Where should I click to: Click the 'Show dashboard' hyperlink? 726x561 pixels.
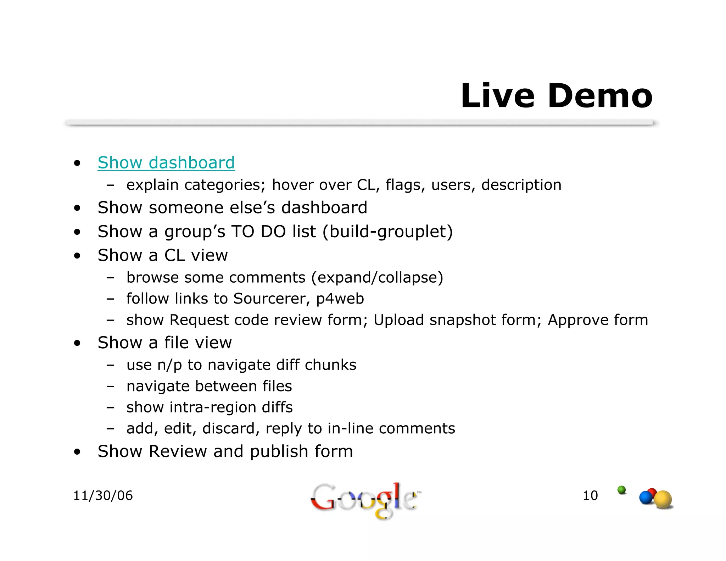click(x=166, y=163)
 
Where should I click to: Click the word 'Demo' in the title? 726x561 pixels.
click(x=600, y=96)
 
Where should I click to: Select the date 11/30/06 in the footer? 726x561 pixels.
click(x=103, y=495)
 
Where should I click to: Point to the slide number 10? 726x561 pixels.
click(x=590, y=495)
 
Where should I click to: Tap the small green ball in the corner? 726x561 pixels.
click(x=621, y=490)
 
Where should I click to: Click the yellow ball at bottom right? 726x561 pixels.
click(x=663, y=500)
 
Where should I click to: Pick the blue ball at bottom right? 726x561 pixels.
click(x=646, y=498)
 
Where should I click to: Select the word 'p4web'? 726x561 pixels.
click(x=340, y=299)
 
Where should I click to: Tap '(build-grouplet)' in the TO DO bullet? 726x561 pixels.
click(x=388, y=232)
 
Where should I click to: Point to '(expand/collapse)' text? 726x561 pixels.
click(x=377, y=278)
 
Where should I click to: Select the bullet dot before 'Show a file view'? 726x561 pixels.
click(x=77, y=343)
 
